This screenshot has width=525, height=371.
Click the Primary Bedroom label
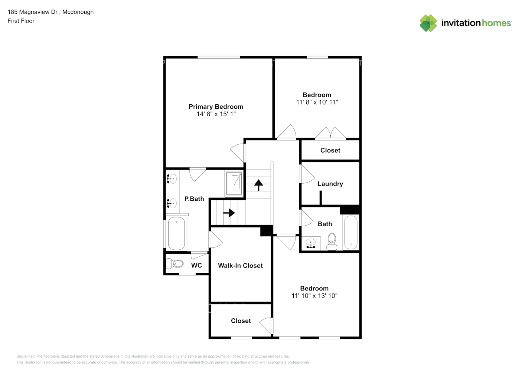pyautogui.click(x=216, y=106)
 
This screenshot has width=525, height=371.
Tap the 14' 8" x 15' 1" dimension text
pyautogui.click(x=216, y=114)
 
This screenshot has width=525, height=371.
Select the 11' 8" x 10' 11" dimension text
pyautogui.click(x=317, y=102)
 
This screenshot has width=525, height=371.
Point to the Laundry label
pyautogui.click(x=330, y=184)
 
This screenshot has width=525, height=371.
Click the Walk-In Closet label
pyautogui.click(x=240, y=266)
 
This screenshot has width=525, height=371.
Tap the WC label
pyautogui.click(x=196, y=265)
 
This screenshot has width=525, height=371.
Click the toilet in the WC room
pyautogui.click(x=175, y=264)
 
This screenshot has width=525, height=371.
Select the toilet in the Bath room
pyautogui.click(x=332, y=241)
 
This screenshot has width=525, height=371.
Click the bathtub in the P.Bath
pyautogui.click(x=176, y=233)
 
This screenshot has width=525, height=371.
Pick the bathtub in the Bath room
pyautogui.click(x=351, y=232)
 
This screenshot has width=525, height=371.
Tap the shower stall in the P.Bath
pyautogui.click(x=234, y=184)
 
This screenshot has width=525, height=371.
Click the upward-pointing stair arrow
pyautogui.click(x=258, y=185)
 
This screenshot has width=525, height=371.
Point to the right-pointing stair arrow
pyautogui.click(x=229, y=213)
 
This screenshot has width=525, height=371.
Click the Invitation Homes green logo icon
pyautogui.click(x=428, y=23)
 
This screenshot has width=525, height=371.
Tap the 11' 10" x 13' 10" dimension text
pyautogui.click(x=314, y=296)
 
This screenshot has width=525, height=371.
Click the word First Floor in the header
pyautogui.click(x=21, y=21)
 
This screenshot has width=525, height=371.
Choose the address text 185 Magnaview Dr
pyautogui.click(x=33, y=12)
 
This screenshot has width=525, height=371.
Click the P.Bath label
pyautogui.click(x=194, y=199)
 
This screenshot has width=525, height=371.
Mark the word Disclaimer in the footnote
pyautogui.click(x=25, y=356)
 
